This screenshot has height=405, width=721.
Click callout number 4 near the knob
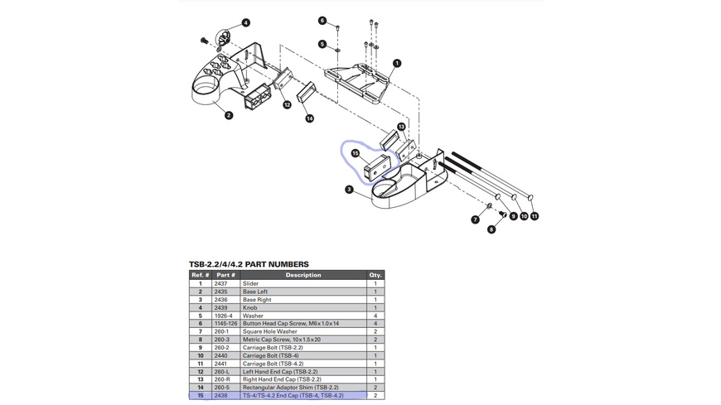[246, 22]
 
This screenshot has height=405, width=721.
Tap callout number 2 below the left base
[229, 115]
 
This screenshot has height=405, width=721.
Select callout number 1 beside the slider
[397, 63]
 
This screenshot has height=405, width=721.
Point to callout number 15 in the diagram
[355, 153]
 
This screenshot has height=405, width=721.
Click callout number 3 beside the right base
[350, 190]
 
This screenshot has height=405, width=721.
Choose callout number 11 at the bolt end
[535, 216]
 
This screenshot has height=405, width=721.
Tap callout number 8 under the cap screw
[491, 229]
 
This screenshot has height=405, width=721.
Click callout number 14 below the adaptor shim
[309, 118]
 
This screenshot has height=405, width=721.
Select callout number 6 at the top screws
[322, 21]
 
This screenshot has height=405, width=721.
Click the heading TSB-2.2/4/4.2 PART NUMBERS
[249, 264]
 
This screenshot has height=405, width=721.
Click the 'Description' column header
[303, 275]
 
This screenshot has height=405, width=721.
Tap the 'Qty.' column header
[375, 275]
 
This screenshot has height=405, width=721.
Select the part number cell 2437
[221, 283]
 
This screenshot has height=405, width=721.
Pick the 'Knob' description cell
[250, 307]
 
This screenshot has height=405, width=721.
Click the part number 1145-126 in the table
[226, 324]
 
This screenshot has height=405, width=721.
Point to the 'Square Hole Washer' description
[270, 331]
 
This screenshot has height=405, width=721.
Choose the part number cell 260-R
[222, 379]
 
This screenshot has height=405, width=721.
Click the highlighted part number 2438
[221, 396]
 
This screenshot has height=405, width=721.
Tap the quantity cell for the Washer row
[375, 316]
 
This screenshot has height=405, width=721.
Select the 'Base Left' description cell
[255, 292]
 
